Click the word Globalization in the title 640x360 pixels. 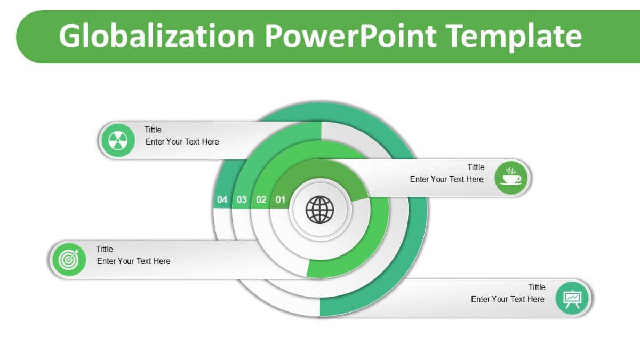157,36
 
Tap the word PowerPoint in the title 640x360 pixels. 350,36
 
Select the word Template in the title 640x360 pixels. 514,36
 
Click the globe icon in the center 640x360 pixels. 319,210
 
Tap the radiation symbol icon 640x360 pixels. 118,141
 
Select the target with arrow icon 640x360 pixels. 68,260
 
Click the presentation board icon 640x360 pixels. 572,298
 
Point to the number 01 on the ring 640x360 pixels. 281,200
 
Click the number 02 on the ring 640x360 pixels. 261,200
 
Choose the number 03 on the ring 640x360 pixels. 242,200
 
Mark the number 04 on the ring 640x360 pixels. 222,200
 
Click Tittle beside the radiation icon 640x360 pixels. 153,130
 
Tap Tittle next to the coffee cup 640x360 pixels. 476,167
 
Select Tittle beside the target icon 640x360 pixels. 105,249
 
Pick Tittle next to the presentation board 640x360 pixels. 537,287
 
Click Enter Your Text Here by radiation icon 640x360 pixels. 182,142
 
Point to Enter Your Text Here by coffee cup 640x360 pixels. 446,179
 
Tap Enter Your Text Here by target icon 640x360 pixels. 134,261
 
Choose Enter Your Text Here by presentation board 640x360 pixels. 507,299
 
